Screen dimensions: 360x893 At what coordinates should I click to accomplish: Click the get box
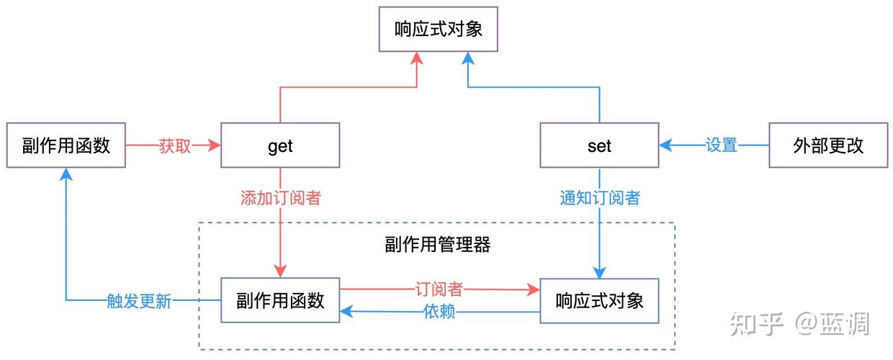pyautogui.click(x=279, y=146)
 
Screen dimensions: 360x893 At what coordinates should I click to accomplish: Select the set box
pyautogui.click(x=599, y=146)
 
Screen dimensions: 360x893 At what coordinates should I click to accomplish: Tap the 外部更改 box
pyautogui.click(x=828, y=146)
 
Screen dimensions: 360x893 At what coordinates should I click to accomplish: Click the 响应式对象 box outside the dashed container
pyautogui.click(x=438, y=30)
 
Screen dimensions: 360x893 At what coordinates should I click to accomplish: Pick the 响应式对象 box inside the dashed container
pyautogui.click(x=599, y=300)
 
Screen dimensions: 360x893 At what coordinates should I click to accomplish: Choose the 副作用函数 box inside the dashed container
pyautogui.click(x=280, y=300)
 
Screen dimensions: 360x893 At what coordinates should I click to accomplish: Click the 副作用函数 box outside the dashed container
pyautogui.click(x=66, y=146)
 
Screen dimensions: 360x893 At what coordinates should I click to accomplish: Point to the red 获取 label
pyautogui.click(x=174, y=146)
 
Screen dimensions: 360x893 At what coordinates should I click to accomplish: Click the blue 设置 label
pyautogui.click(x=721, y=146)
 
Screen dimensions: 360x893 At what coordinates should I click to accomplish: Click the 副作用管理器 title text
pyautogui.click(x=438, y=245)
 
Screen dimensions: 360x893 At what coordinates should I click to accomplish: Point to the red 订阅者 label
pyautogui.click(x=439, y=289)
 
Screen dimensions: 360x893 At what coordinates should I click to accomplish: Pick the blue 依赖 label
pyautogui.click(x=439, y=312)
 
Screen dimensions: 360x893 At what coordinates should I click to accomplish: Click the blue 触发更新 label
pyautogui.click(x=139, y=301)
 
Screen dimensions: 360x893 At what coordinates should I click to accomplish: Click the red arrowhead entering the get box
pyautogui.click(x=215, y=146)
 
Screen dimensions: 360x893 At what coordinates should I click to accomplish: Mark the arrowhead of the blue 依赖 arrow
pyautogui.click(x=346, y=312)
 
